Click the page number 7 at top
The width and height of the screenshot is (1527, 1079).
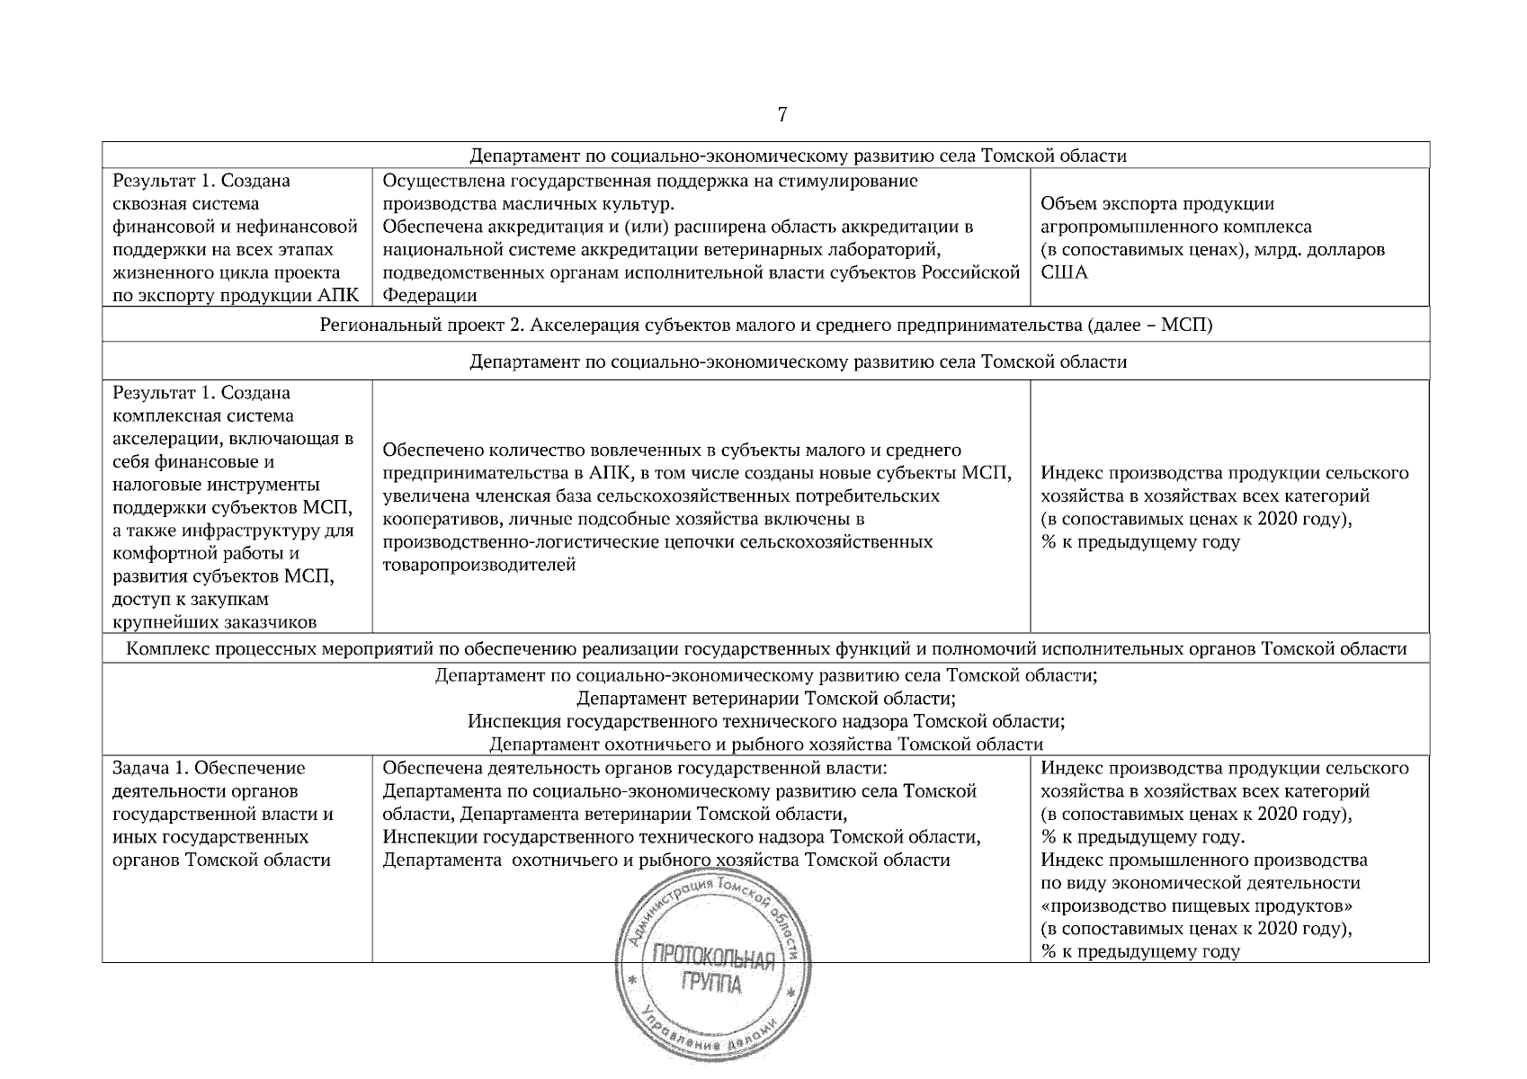(x=781, y=115)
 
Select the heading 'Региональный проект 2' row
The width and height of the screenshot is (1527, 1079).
(x=765, y=325)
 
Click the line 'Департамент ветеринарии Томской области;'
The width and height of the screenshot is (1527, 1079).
(x=765, y=699)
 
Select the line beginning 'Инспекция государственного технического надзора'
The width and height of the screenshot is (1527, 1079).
(x=765, y=721)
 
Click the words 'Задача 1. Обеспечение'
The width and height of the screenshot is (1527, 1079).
(x=209, y=768)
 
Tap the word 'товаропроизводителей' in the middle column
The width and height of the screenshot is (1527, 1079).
(x=478, y=565)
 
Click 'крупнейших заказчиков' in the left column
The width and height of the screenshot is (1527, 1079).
(x=214, y=621)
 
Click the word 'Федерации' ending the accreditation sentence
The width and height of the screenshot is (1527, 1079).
(x=429, y=295)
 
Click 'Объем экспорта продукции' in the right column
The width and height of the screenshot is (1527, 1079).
(x=1156, y=203)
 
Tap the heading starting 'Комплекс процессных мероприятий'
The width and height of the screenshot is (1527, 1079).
(x=765, y=649)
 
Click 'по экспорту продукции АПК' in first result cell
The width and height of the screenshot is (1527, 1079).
(x=236, y=295)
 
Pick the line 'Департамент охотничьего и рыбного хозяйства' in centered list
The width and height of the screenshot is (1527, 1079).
(x=765, y=745)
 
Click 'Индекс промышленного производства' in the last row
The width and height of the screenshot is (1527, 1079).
(x=1203, y=860)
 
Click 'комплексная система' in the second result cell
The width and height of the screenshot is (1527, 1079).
(x=203, y=416)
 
